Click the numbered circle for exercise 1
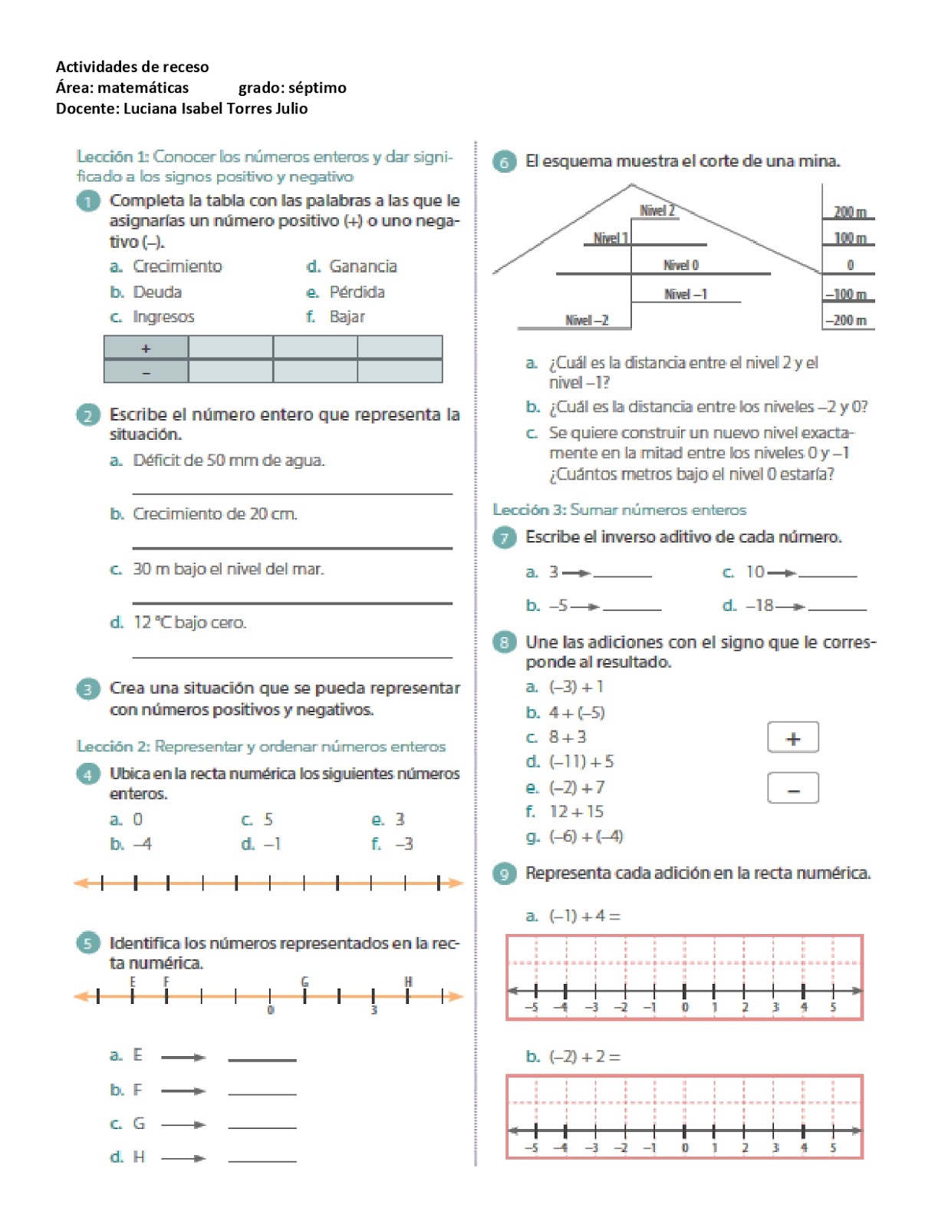click(x=88, y=201)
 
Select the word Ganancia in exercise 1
click(x=363, y=266)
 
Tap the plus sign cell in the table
click(x=146, y=348)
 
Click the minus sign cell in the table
click(x=146, y=372)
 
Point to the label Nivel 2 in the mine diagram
click(x=657, y=211)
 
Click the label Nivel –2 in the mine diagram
click(x=587, y=320)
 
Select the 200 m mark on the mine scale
click(x=849, y=212)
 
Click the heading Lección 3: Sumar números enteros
click(x=619, y=510)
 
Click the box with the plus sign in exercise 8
click(x=793, y=738)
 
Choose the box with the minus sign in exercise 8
click(x=793, y=788)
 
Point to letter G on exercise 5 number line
click(x=304, y=982)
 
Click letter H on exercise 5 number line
click(x=408, y=982)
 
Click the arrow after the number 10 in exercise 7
click(x=782, y=573)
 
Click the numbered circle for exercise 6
click(x=504, y=162)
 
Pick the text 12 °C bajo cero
click(x=189, y=622)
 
